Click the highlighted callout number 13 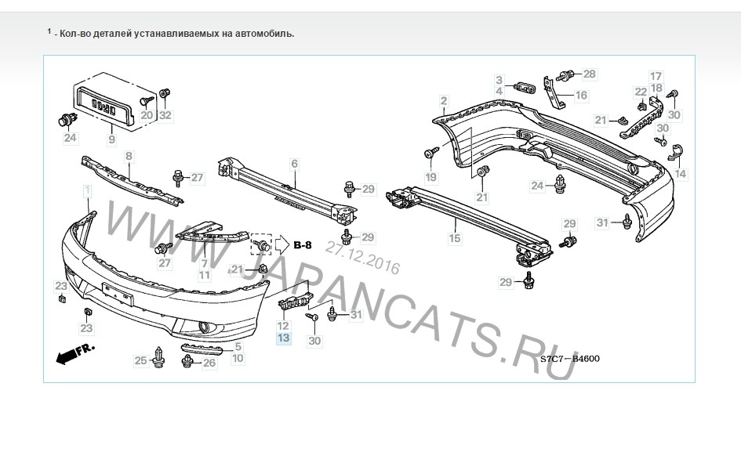283,338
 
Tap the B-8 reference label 303,245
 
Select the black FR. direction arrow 74,353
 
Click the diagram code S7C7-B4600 570,359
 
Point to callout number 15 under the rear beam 455,238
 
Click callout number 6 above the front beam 294,164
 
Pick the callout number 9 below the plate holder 111,139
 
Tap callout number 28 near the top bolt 590,74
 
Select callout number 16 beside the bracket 581,96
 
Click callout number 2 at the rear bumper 443,100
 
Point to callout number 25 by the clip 141,360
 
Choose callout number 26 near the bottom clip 209,363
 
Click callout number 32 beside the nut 165,115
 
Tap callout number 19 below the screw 431,178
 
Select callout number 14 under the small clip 680,174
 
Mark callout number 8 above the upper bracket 129,156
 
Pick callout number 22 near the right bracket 641,92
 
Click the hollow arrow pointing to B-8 282,244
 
